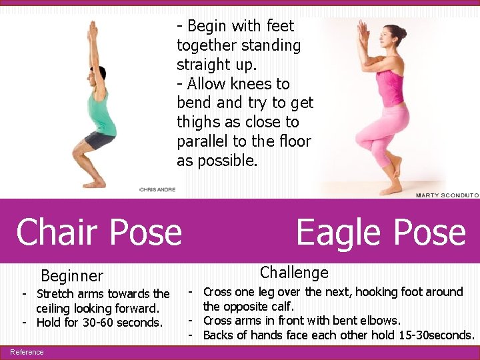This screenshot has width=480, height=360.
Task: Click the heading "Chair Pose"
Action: coord(99,232)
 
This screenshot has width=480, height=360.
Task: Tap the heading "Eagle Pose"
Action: coord(381,232)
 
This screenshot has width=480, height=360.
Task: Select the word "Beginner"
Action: coord(72,276)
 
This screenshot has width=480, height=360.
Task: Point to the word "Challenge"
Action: coord(294,272)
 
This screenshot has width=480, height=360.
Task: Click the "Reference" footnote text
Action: coord(27,352)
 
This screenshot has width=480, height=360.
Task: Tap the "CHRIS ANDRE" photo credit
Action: coord(158,189)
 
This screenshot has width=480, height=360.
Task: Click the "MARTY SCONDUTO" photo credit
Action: coord(447,195)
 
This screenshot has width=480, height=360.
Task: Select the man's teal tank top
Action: coord(103,113)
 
